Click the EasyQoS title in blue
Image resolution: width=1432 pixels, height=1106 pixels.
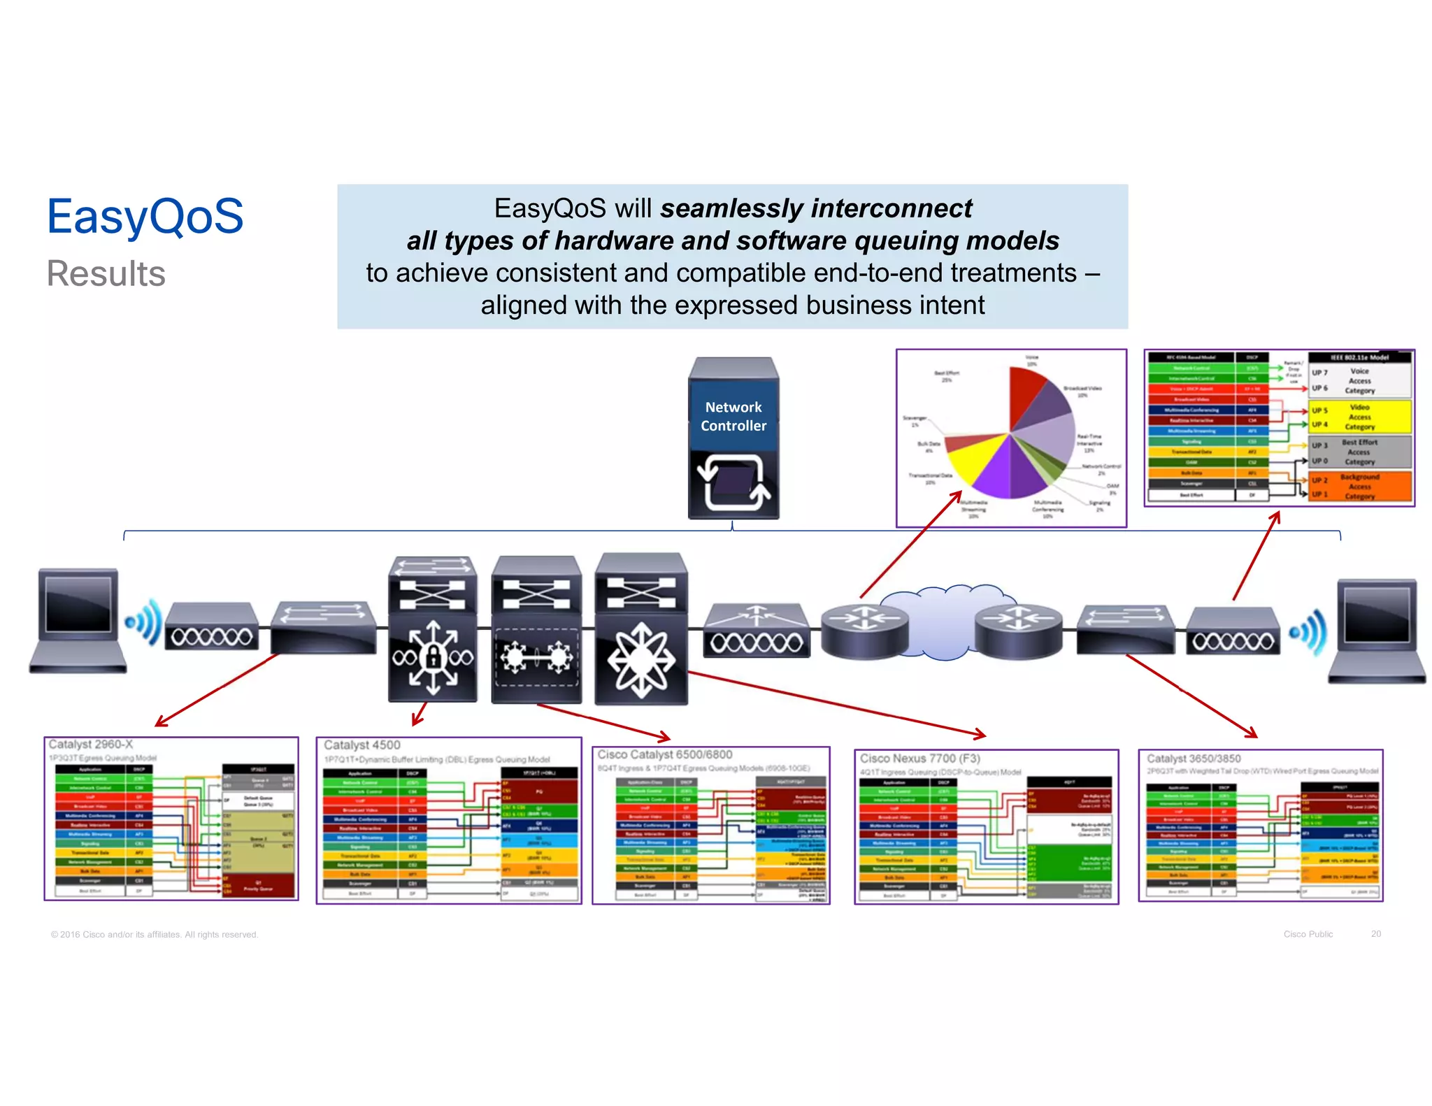click(x=145, y=217)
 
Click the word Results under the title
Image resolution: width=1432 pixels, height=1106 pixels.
click(x=106, y=273)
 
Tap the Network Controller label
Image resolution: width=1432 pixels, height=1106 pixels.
click(x=733, y=416)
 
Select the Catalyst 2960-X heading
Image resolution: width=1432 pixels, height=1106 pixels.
click(x=90, y=745)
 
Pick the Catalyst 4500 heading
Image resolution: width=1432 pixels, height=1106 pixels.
click(x=361, y=745)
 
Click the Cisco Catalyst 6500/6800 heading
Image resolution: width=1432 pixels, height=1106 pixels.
click(x=664, y=754)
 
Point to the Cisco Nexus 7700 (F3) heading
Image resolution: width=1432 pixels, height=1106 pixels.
click(x=919, y=759)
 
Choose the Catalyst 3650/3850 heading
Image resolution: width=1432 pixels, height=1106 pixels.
click(x=1193, y=759)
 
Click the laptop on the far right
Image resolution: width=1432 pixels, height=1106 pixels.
click(x=1376, y=629)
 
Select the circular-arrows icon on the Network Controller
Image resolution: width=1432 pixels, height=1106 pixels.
click(x=733, y=482)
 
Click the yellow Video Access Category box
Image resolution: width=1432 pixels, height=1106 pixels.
click(x=1359, y=417)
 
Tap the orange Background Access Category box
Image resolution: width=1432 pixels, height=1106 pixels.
click(x=1359, y=486)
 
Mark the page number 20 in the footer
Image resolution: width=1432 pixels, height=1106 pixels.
click(x=1375, y=934)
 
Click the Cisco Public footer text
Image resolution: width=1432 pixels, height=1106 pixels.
click(x=1308, y=934)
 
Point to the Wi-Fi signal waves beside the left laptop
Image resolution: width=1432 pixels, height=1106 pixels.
click(x=144, y=622)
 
